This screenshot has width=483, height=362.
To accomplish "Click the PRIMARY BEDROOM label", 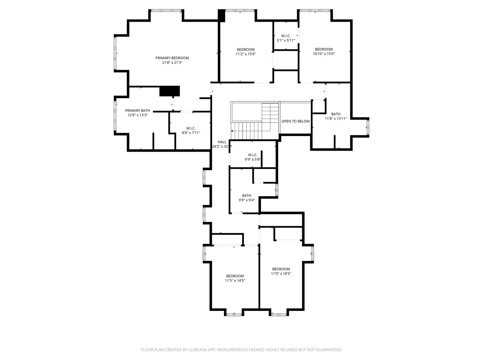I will pos(172,58).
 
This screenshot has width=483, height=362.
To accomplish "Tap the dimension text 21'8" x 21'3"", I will pos(172,63).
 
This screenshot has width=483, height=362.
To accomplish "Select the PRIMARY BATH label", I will pos(138,110).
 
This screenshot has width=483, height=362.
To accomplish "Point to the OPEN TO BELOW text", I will pos(296,121).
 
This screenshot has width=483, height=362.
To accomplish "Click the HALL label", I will pos(222,142).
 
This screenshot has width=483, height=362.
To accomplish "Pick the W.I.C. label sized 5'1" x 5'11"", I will pos(286,36).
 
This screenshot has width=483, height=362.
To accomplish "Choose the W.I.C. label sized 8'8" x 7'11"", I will pos(191,128).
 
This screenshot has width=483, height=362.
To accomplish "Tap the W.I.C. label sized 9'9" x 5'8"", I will pos(253,155).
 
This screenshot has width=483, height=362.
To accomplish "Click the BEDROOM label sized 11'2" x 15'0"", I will pos(246,50).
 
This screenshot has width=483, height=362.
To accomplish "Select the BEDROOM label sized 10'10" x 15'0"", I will pos(324,50).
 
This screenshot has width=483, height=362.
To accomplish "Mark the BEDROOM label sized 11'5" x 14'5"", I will pos(235,276).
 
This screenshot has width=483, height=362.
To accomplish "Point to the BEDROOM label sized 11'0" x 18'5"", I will pos(281,269).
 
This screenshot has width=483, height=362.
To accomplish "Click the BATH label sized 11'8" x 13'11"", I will pos(336,114).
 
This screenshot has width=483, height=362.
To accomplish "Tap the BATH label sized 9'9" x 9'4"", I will pos(247,195).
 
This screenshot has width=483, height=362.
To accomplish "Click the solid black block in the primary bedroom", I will pos(170,91).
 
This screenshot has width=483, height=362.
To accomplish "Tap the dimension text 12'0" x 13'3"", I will pos(138,115).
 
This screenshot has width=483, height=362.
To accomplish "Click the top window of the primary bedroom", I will pos(166,10).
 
